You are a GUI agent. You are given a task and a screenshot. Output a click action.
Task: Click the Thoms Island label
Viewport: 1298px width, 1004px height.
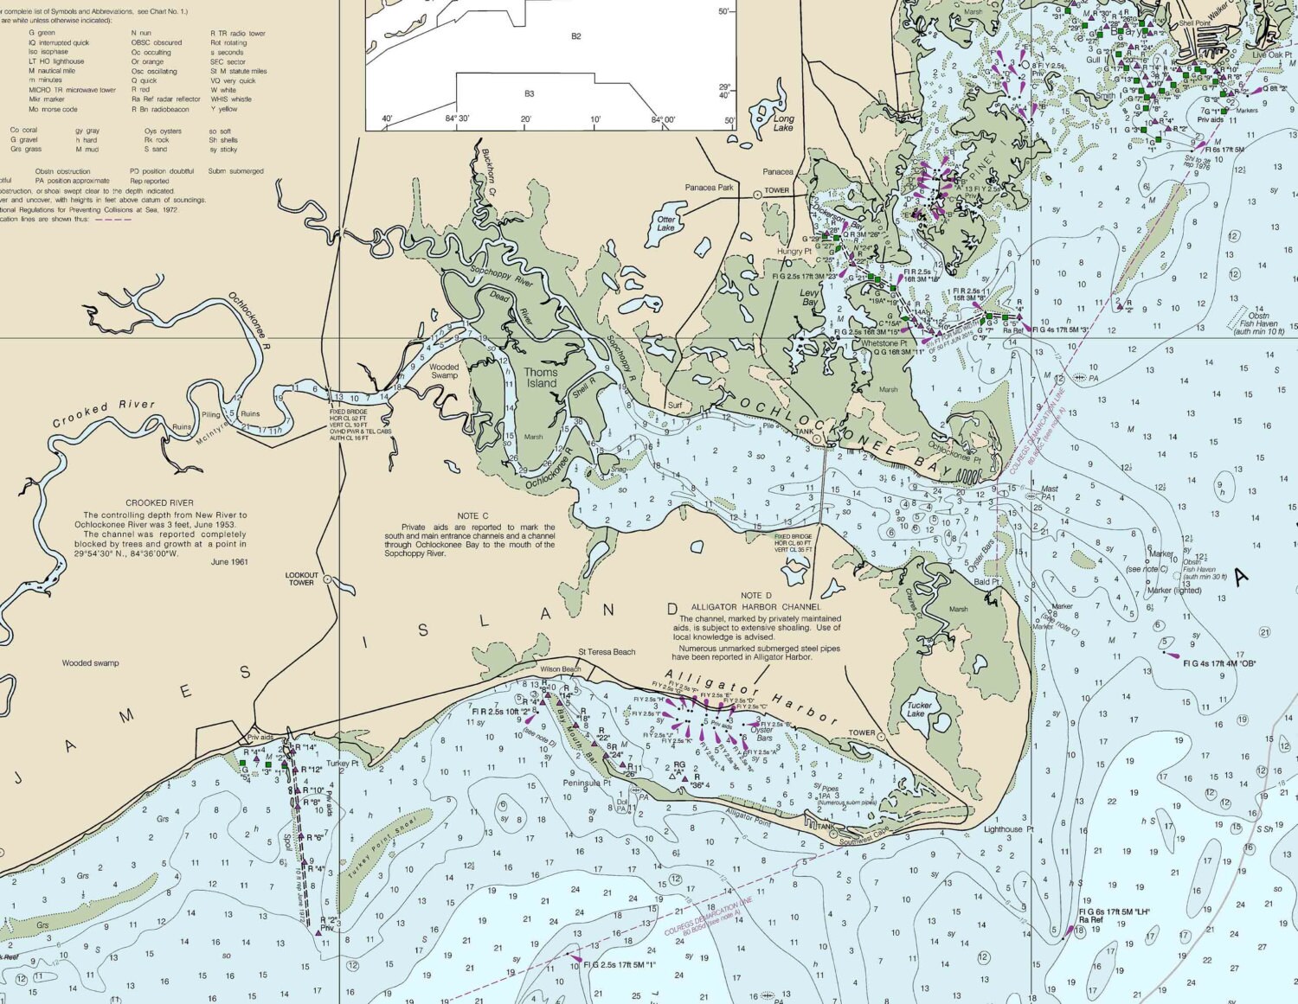click(x=541, y=378)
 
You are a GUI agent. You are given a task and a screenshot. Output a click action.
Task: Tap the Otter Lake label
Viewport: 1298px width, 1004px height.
click(x=665, y=223)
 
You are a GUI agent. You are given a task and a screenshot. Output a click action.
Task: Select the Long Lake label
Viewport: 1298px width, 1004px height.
click(x=783, y=123)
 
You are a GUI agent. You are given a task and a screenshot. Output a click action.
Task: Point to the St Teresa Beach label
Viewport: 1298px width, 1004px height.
click(x=607, y=652)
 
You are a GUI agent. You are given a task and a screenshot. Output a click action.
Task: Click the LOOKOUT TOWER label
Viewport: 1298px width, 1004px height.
click(x=302, y=579)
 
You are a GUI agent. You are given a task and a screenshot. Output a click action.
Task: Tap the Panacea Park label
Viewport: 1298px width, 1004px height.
click(x=709, y=188)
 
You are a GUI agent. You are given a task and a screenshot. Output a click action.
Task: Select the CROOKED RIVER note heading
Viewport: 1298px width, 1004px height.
click(x=159, y=502)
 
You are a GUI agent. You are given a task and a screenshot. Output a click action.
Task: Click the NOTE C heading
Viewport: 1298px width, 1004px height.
click(x=473, y=516)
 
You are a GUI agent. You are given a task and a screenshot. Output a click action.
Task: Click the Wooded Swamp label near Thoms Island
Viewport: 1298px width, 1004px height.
click(x=444, y=371)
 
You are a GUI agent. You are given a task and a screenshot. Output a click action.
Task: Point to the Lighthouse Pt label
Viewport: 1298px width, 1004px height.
click(x=1008, y=829)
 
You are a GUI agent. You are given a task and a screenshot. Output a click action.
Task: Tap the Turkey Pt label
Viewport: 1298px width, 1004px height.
click(x=342, y=764)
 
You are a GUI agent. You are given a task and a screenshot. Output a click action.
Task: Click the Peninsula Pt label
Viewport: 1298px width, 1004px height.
click(x=587, y=783)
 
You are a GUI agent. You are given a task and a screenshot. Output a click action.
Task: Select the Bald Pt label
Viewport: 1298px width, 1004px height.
click(x=986, y=582)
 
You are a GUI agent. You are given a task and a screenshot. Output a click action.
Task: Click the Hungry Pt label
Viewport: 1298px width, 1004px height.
click(x=794, y=252)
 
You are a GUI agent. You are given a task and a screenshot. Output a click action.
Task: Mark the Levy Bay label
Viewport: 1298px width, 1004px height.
click(x=809, y=297)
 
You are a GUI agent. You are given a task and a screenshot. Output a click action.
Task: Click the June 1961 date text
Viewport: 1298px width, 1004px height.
click(x=228, y=561)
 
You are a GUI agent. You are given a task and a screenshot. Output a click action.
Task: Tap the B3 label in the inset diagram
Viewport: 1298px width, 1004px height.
click(x=529, y=93)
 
